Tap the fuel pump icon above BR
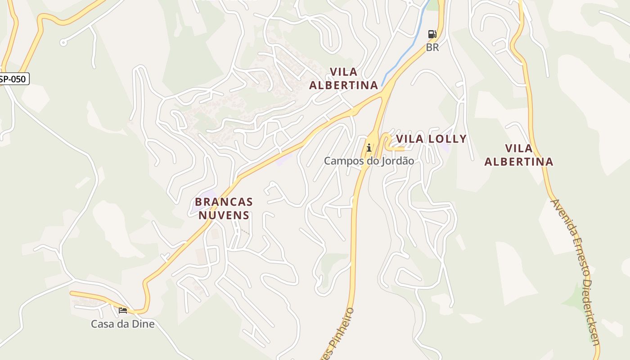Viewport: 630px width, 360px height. [x=432, y=34]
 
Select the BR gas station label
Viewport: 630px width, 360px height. [x=432, y=47]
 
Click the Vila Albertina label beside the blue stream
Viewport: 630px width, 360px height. [x=344, y=78]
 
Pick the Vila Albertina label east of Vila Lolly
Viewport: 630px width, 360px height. [x=519, y=155]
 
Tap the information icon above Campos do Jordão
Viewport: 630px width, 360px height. [x=369, y=147]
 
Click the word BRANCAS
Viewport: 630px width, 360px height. [x=224, y=202]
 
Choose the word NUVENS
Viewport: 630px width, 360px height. [x=224, y=215]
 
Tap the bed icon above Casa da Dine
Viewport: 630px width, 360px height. [x=123, y=310]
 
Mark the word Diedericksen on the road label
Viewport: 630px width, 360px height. [x=592, y=310]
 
